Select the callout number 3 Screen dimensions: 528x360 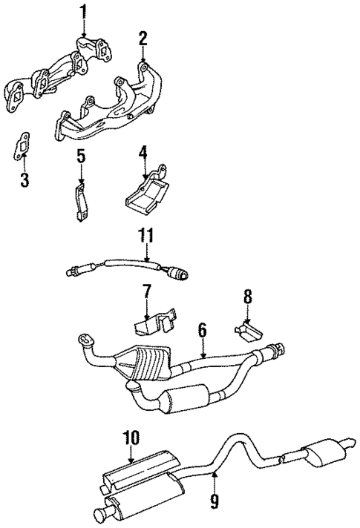pos(24,179)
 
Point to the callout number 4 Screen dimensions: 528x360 pos(142,154)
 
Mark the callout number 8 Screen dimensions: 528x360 pos(247,297)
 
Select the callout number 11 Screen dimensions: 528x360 pos(146,237)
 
